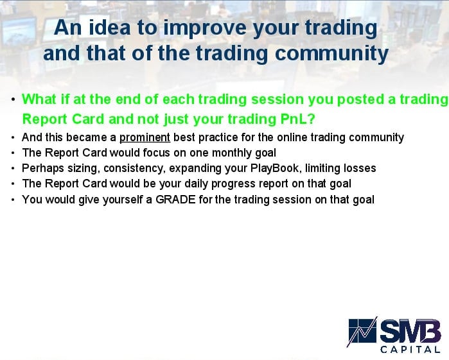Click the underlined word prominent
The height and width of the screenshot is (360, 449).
[145, 137]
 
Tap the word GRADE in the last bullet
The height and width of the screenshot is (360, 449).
[175, 200]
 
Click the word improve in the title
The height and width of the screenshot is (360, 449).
[205, 28]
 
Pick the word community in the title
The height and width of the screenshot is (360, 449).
[331, 54]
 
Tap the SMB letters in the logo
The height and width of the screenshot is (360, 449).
[410, 331]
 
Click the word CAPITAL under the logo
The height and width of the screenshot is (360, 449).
[410, 349]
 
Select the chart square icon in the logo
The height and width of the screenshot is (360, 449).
[362, 331]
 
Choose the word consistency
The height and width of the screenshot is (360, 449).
[135, 168]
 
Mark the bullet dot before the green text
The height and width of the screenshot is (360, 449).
[13, 99]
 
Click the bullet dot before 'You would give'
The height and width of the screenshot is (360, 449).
[13, 200]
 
